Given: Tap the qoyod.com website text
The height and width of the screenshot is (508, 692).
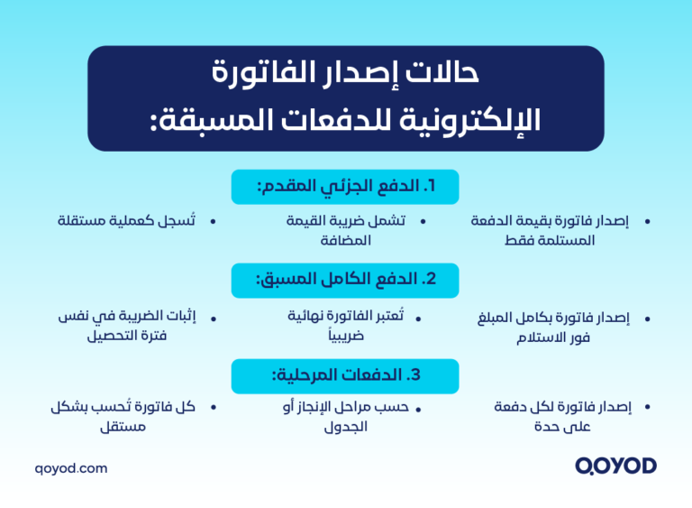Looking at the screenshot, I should pos(71,468).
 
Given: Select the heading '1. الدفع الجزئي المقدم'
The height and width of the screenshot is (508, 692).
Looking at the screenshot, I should pos(346,187).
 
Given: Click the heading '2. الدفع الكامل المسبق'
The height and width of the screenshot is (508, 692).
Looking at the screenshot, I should pos(346,280).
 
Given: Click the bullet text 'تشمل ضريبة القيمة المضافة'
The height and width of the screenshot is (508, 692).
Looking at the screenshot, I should pos(345,230).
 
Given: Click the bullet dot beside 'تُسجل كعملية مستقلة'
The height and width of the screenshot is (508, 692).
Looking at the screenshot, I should pos(214,220).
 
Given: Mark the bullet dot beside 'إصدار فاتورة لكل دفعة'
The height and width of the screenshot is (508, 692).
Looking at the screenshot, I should pos(646,408).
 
